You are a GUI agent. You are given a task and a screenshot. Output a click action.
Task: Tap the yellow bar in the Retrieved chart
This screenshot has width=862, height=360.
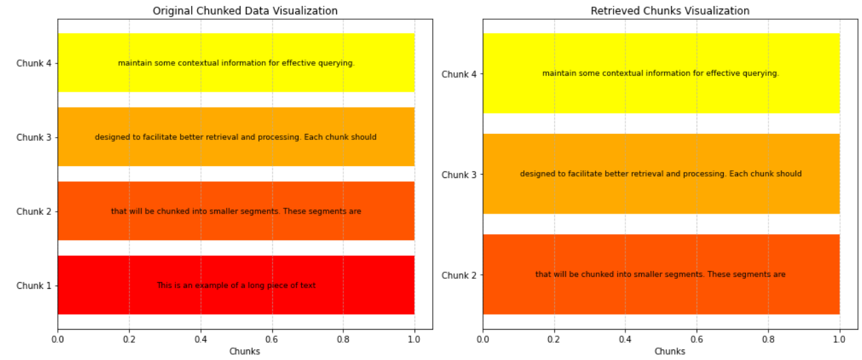click(661, 92)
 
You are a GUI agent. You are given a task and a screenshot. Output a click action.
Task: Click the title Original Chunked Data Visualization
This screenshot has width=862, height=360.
click(245, 11)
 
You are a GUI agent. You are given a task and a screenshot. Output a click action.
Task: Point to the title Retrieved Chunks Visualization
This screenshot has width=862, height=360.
click(670, 11)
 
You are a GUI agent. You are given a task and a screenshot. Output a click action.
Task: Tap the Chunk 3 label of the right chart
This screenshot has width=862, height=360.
click(459, 175)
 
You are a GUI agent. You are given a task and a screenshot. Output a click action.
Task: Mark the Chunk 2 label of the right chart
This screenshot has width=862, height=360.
click(459, 275)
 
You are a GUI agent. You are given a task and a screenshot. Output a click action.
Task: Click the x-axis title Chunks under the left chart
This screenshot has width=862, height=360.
click(244, 351)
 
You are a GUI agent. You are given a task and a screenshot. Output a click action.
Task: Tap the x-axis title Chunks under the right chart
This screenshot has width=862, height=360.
click(670, 351)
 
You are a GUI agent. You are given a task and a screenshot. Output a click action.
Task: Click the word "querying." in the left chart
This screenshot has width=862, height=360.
click(337, 63)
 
